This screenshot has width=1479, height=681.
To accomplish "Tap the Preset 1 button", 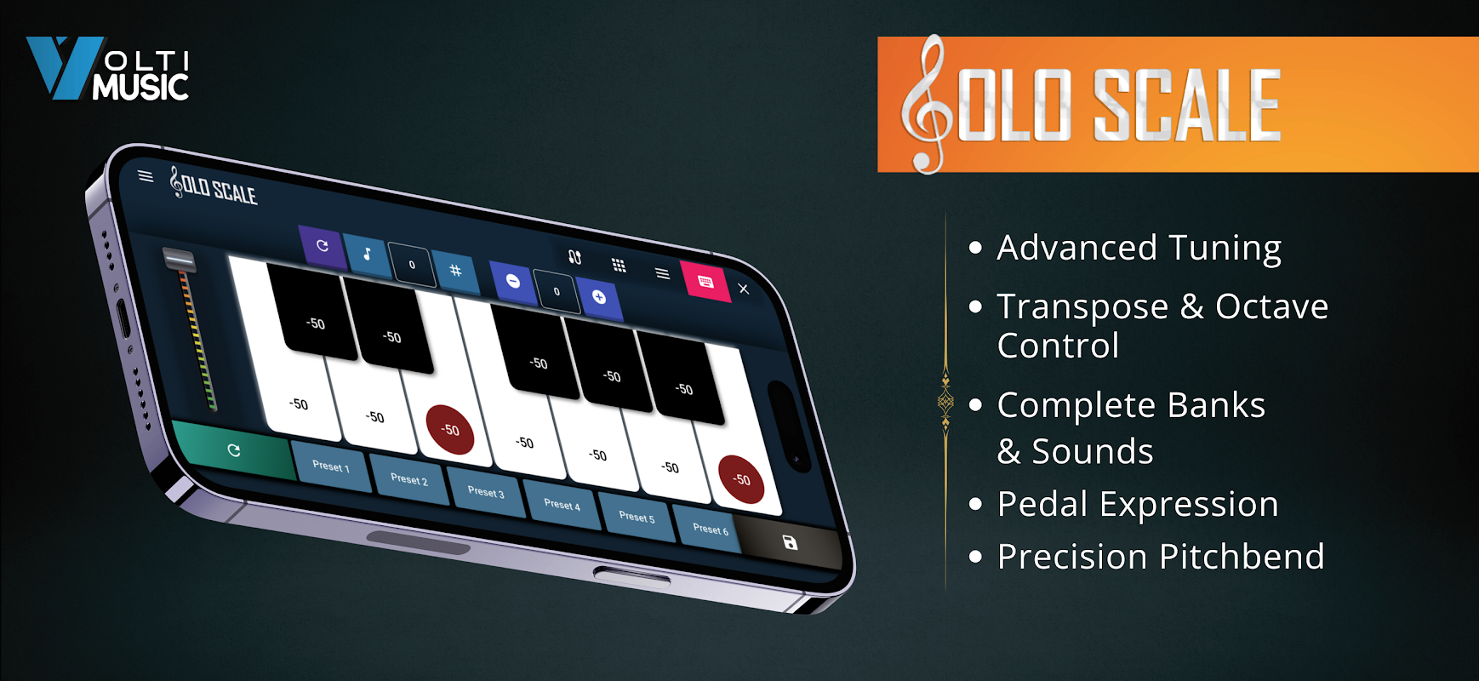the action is tap(331, 466).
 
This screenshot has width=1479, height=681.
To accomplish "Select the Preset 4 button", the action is tap(562, 505).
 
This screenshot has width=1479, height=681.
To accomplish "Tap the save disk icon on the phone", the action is tap(790, 542).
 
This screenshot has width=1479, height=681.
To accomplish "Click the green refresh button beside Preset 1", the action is tap(233, 450).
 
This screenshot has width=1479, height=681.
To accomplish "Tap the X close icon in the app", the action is tap(744, 289).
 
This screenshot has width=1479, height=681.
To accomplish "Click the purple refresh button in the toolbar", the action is tap(323, 246).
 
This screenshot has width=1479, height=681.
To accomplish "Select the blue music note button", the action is tap(367, 254).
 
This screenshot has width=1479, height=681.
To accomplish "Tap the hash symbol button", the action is tap(455, 271).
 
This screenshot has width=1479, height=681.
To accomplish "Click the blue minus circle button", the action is tap(513, 281).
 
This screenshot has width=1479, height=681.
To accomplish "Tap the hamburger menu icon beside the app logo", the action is tap(146, 176).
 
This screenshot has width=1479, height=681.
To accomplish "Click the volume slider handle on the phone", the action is tap(179, 260).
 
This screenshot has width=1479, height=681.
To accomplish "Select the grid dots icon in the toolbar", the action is tap(619, 265).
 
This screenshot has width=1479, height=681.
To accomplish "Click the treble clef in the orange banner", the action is tap(926, 105).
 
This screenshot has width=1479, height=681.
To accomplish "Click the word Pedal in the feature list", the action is tap(1054, 504).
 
